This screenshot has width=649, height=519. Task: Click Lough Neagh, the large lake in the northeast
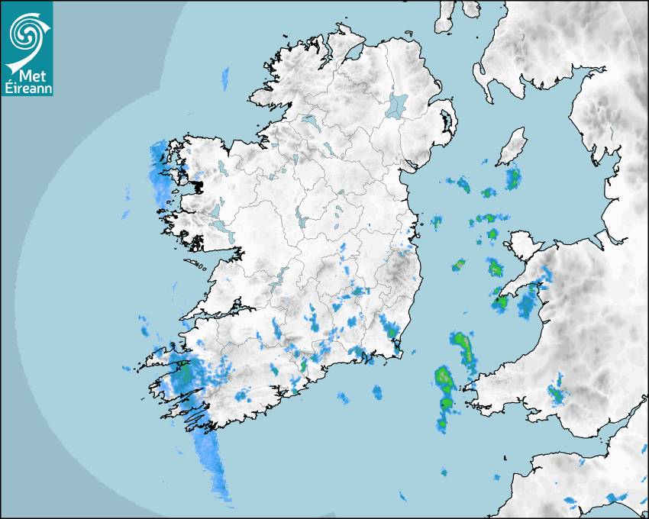coord(397,105)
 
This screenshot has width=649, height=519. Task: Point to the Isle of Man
coord(512,147)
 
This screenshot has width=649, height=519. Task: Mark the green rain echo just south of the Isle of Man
coord(512,180)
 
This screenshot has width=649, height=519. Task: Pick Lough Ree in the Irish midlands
coord(302,221)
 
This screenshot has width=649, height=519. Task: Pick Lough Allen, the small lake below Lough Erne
coord(294,161)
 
